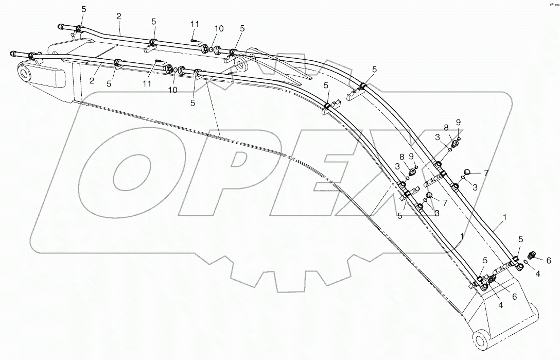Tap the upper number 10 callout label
(219, 29)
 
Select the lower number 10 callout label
(173, 90)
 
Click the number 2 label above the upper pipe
(119, 16)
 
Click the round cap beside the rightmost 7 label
(468, 172)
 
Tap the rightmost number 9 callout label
(458, 123)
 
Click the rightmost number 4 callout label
(537, 275)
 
